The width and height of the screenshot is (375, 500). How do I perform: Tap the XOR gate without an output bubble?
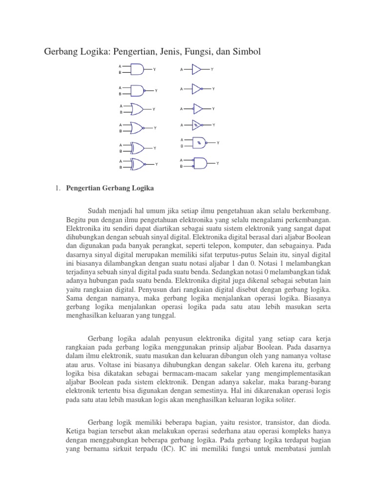tap(138, 147)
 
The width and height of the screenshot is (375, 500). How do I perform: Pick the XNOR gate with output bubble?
tap(138, 164)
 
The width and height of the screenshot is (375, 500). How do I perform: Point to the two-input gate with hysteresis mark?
tap(200, 143)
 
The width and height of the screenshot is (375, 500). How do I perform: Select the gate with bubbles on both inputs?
tap(200, 163)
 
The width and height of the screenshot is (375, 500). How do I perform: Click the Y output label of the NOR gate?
tap(155, 128)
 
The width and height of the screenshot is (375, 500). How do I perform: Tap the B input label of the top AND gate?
tap(120, 73)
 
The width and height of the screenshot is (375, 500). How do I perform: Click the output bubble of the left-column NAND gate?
tap(145, 90)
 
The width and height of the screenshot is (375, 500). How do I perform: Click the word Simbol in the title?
tap(249, 52)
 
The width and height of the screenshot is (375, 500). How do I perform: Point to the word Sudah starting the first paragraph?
tap(97, 211)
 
